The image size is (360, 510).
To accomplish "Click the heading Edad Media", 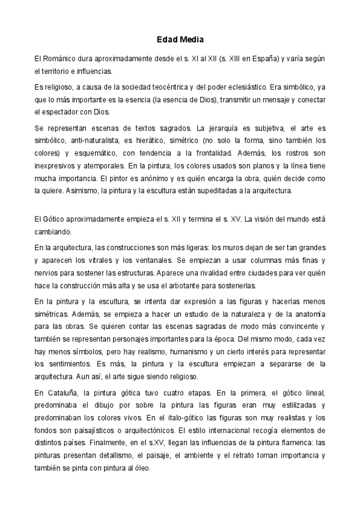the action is coord(180,40).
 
